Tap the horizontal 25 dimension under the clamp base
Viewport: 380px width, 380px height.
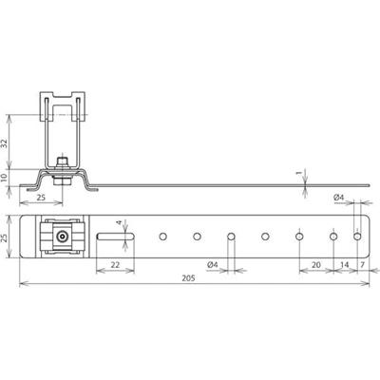tap(41, 197)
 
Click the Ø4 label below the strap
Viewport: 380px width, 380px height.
tap(213, 263)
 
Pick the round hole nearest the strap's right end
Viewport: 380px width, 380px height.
tap(357, 235)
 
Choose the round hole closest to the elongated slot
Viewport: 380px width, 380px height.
tap(162, 235)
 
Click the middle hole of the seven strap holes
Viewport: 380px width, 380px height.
tap(265, 235)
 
